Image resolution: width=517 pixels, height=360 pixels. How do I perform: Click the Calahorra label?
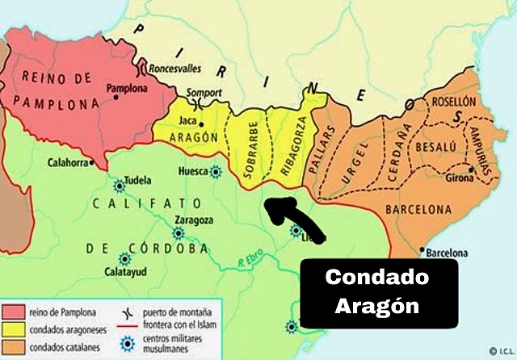pos(68,161)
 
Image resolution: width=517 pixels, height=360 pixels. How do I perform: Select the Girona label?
pos(453,177)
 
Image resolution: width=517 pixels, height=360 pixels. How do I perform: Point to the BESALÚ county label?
pos(437,147)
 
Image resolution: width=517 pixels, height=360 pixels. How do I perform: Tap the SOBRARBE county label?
pos(247,146)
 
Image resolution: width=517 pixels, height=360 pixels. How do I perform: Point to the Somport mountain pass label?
pos(204,93)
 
